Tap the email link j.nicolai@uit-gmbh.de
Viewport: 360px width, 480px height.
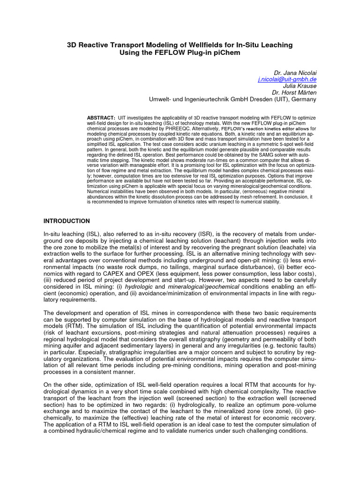click(287, 80)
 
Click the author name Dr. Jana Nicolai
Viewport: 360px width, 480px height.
click(295, 73)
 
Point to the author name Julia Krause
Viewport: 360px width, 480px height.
click(300, 86)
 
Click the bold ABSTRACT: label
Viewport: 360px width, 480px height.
click(101, 117)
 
